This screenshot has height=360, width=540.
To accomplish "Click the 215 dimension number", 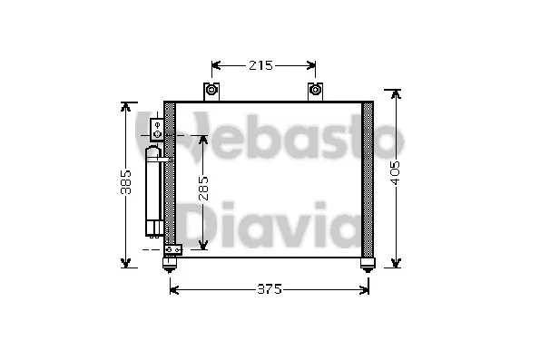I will [x=260, y=65].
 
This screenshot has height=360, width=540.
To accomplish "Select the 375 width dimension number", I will [x=269, y=289].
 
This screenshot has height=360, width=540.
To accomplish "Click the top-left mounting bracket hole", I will [x=211, y=90].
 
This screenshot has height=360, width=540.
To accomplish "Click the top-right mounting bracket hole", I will [x=316, y=90].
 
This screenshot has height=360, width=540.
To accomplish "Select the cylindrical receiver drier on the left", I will [x=154, y=190].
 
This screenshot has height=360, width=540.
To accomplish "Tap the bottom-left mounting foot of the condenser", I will [x=169, y=263].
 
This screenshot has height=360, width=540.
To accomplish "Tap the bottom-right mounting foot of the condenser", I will [x=367, y=263].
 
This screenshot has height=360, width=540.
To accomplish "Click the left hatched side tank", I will [x=170, y=177].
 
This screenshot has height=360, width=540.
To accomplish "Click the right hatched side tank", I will [x=368, y=177].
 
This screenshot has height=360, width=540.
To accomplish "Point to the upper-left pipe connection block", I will [x=158, y=129].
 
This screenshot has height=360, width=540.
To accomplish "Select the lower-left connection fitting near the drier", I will [x=172, y=249].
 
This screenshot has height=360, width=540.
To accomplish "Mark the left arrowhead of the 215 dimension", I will [x=215, y=65].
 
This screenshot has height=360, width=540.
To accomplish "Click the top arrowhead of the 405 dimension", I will [x=395, y=93].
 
